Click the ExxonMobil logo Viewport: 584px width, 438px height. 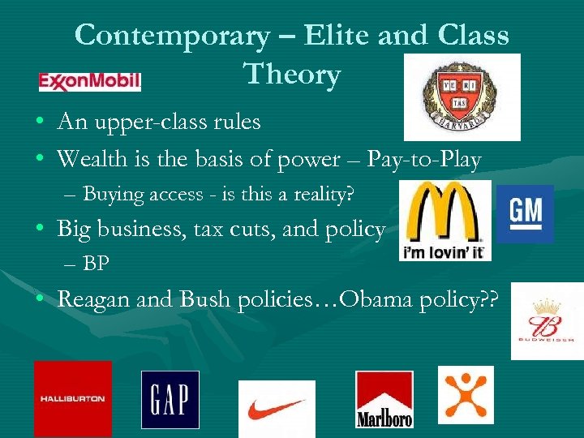click(90, 81)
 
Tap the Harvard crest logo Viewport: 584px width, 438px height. click(462, 97)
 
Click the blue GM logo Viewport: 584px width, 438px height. click(525, 213)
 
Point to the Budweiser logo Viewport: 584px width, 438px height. click(547, 320)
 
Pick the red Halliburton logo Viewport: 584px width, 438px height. click(73, 398)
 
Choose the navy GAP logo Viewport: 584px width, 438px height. click(170, 399)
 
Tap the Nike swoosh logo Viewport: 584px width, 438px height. click(277, 408)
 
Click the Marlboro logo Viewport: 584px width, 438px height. click(384, 399)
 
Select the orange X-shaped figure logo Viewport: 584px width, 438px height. click(466, 394)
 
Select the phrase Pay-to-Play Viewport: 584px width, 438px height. click(423, 160)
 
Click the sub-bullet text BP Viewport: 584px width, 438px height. click(97, 264)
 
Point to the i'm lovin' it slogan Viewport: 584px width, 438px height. click(444, 251)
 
